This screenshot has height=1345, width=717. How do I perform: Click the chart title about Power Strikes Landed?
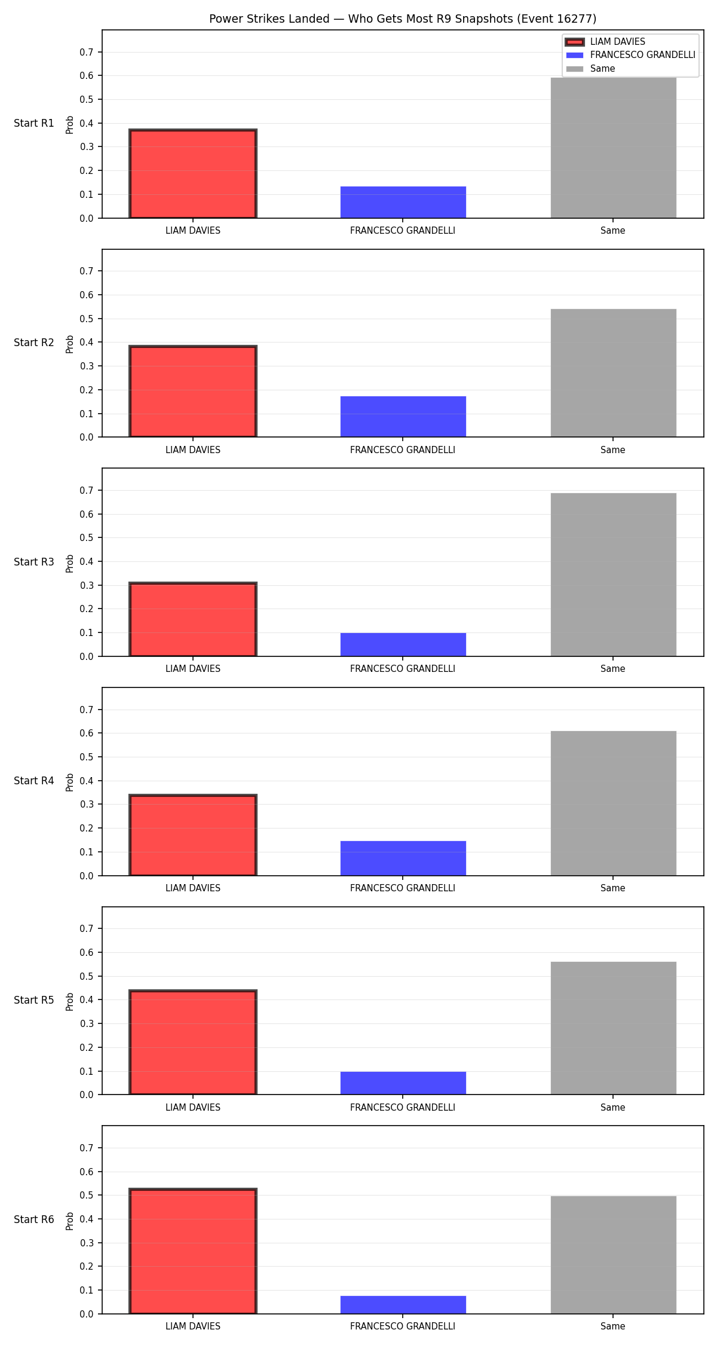(403, 19)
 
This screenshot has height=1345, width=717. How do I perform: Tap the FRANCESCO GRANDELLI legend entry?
(630, 55)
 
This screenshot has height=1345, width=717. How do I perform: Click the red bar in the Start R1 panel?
(193, 174)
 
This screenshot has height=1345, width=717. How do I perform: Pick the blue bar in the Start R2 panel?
(403, 417)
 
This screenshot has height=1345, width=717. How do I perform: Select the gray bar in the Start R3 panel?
(614, 575)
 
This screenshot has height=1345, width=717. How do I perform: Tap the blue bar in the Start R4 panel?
(403, 858)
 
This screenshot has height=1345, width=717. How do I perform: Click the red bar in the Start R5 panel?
(193, 1043)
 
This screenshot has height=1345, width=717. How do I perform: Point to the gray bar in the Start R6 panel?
(614, 1255)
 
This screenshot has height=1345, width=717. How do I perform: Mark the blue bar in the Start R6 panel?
(403, 1305)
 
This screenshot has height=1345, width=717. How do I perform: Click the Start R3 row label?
(34, 562)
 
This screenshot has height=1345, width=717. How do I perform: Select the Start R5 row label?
(34, 1000)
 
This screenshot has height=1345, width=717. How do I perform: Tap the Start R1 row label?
(34, 123)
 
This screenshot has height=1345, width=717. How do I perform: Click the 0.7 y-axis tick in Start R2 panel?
(87, 271)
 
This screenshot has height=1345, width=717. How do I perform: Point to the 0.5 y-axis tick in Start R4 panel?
(87, 757)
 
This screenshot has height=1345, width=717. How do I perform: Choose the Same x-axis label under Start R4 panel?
(613, 888)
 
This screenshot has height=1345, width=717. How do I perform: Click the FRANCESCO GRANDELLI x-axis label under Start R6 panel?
(403, 1326)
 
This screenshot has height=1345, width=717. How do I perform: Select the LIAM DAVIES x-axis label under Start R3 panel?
(193, 669)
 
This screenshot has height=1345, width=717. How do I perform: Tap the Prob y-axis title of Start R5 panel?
(70, 1001)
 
